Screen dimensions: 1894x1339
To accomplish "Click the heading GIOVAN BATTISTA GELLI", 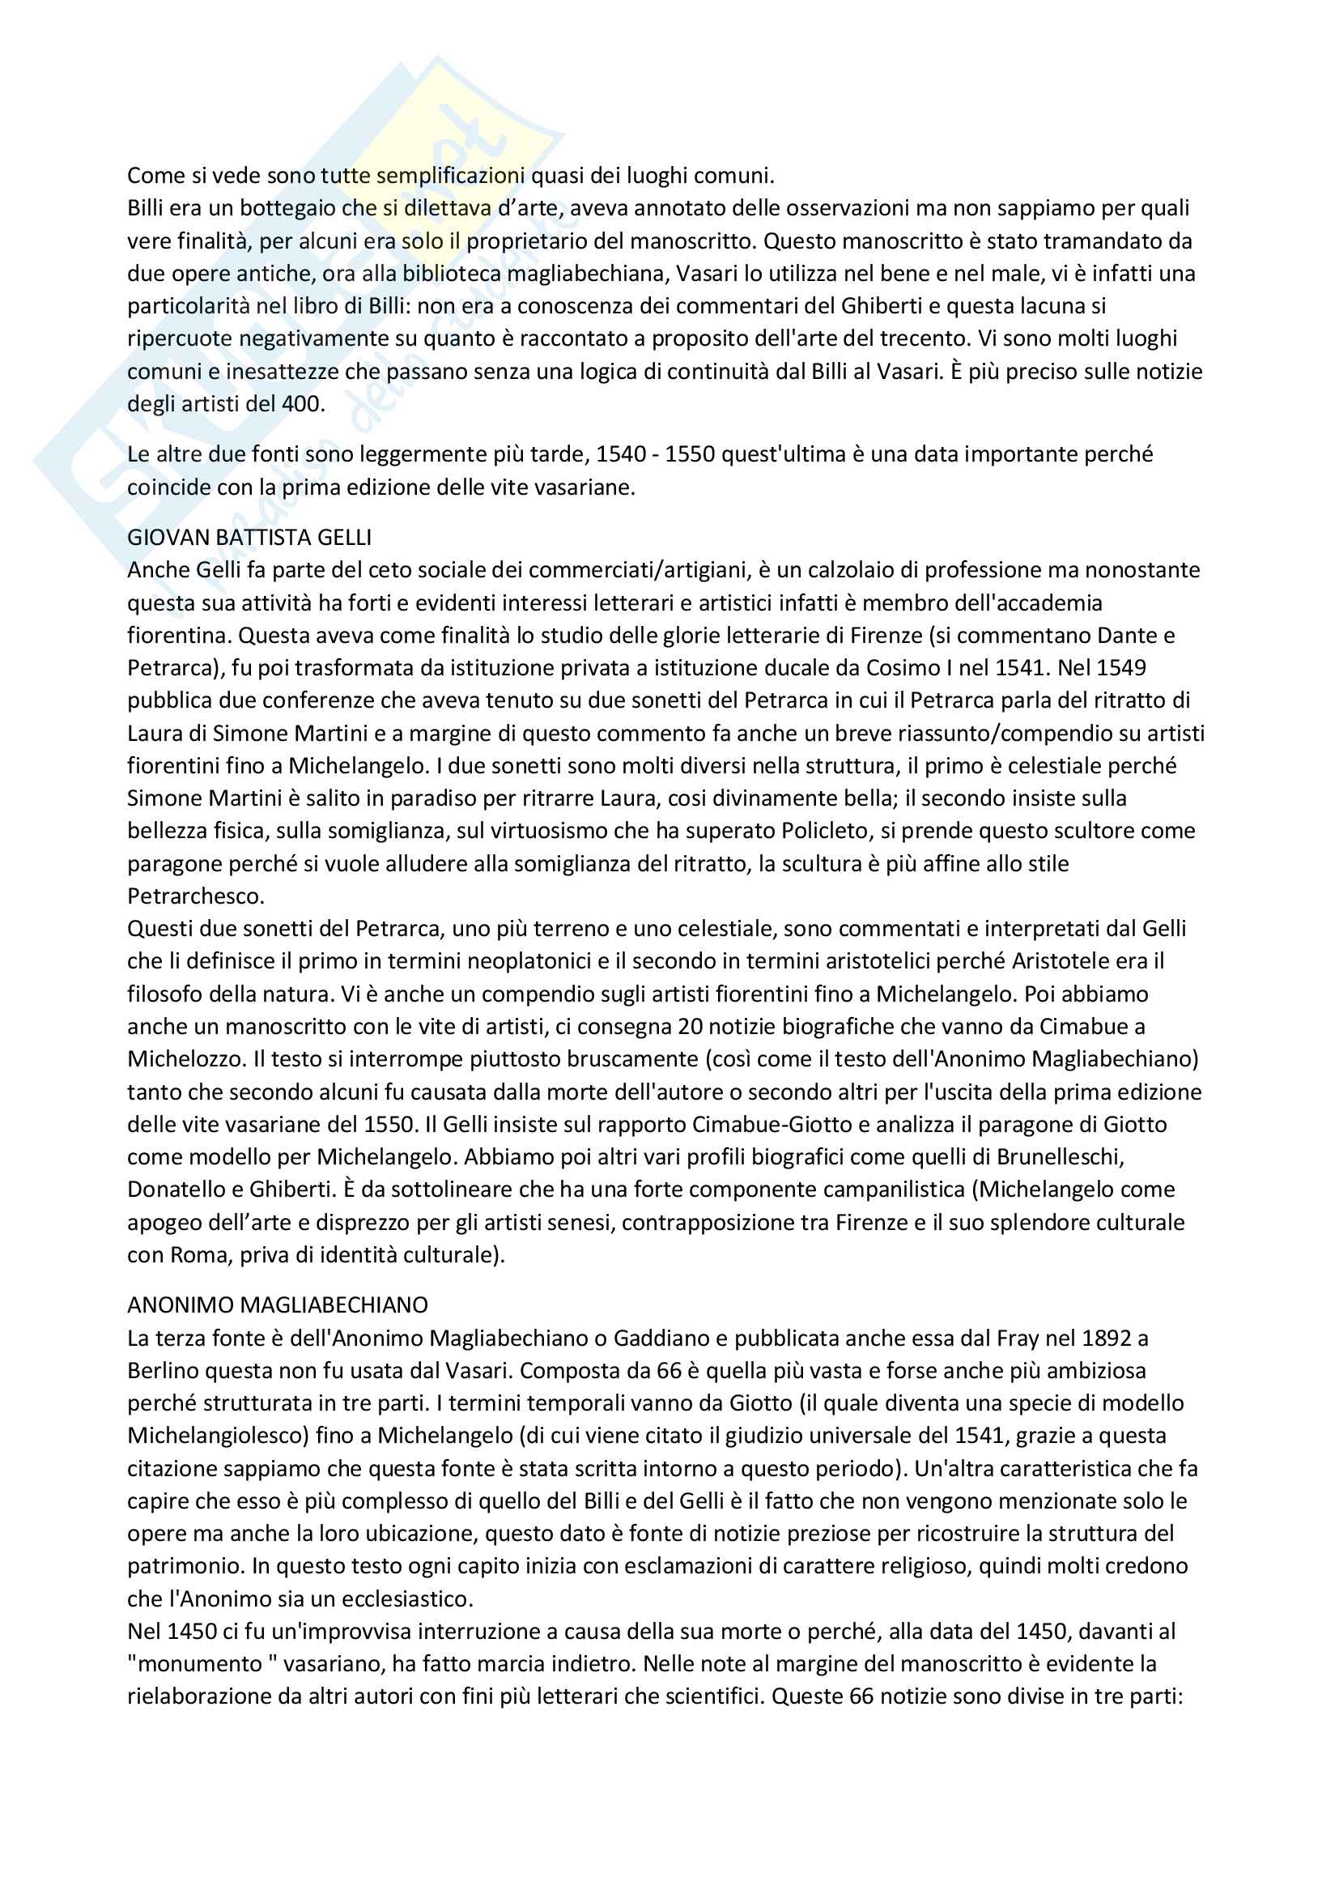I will click(249, 537).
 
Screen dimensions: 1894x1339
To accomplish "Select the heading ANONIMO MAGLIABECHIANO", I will click(277, 1305).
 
